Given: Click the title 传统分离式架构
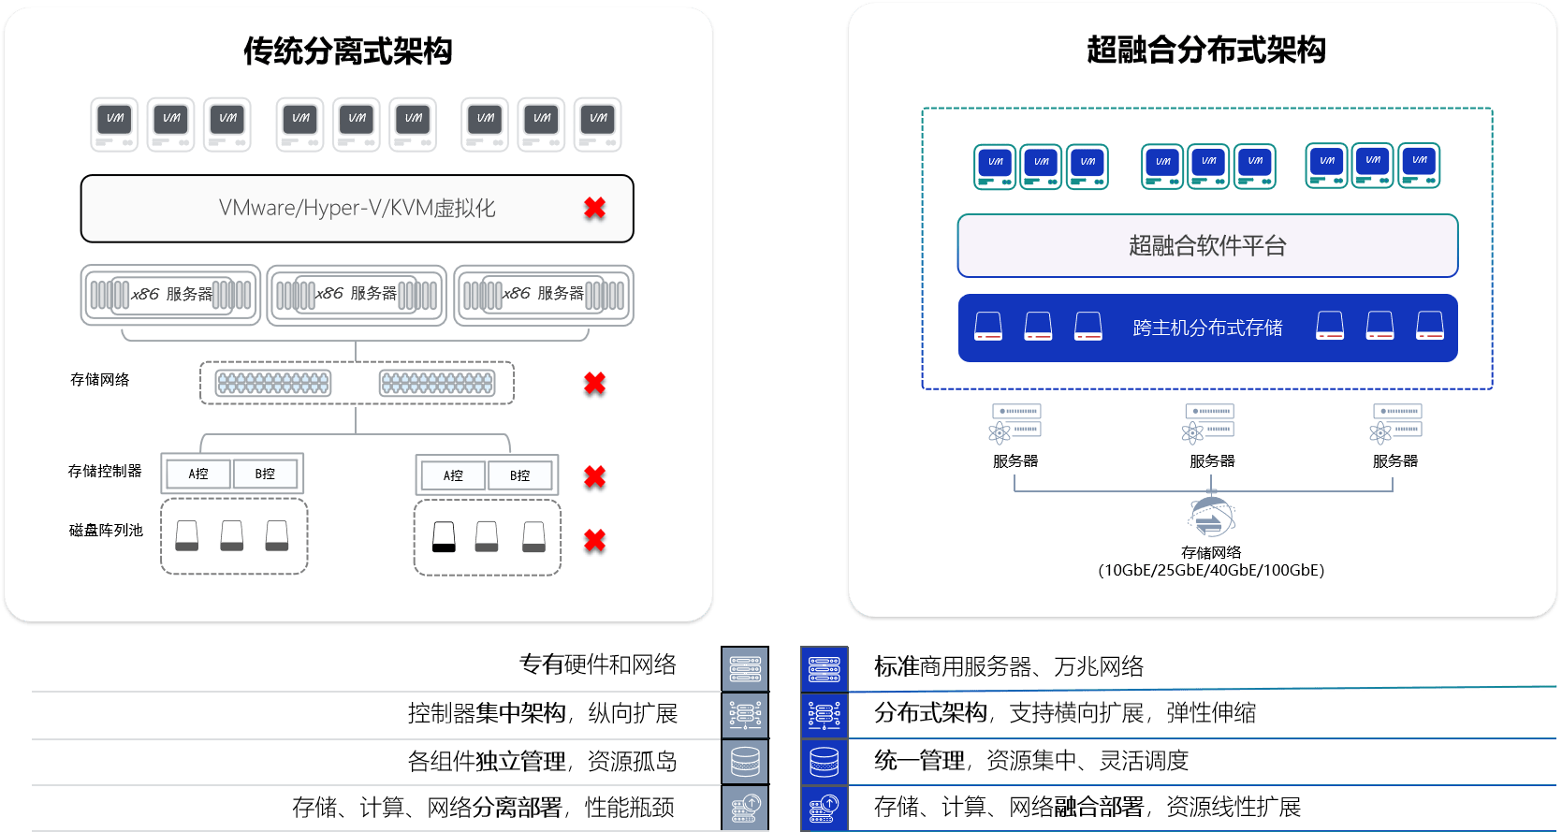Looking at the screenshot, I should tap(347, 51).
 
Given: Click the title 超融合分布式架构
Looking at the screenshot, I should tap(1205, 50).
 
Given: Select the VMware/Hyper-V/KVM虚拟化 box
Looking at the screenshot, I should tap(357, 208).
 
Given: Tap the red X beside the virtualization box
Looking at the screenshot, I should tap(594, 208).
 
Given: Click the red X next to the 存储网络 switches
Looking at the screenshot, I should tap(594, 383).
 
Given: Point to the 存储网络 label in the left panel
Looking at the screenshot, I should tap(100, 379).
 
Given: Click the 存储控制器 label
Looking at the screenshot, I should tap(105, 471).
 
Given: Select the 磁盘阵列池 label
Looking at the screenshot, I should tap(106, 530).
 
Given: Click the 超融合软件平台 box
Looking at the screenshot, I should tap(1207, 245).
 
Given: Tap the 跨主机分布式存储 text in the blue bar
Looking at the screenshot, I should tap(1207, 328).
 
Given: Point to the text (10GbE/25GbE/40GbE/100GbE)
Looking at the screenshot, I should tap(1211, 570).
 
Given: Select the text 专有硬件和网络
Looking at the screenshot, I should tap(598, 664).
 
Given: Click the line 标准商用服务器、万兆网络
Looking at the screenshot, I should tap(1009, 666).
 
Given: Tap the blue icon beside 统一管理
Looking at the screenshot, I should tap(825, 762).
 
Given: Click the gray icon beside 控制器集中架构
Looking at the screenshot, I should tap(745, 715).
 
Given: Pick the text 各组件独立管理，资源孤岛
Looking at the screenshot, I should tap(542, 762).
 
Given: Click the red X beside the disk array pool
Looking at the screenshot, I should tap(594, 540).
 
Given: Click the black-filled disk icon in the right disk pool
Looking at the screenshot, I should tap(444, 536).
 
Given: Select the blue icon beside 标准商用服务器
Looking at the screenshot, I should tap(825, 669).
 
